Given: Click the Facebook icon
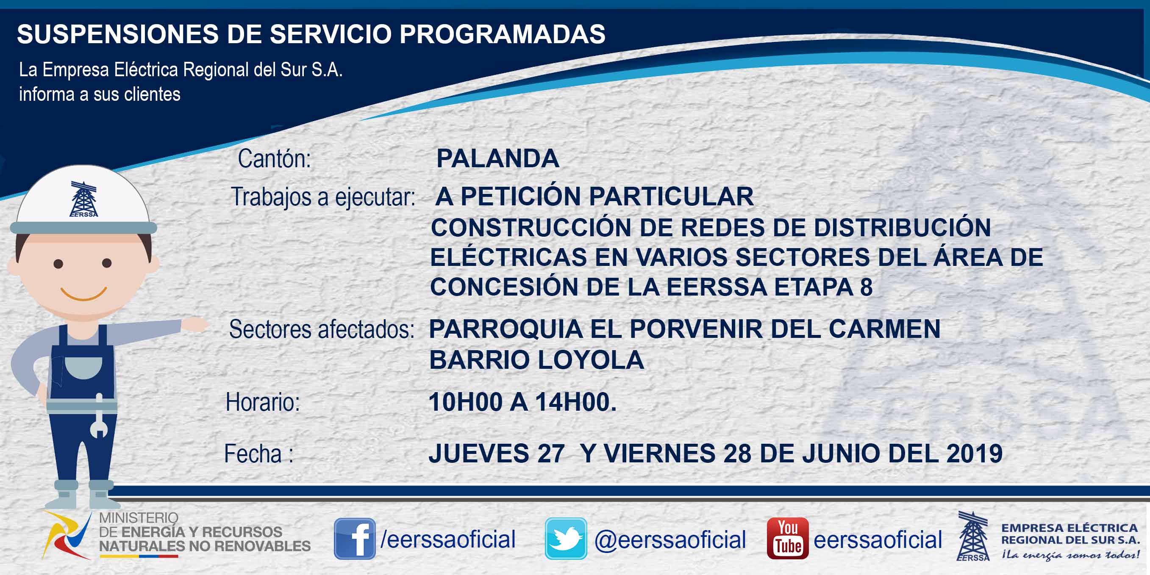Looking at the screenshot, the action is (355, 539).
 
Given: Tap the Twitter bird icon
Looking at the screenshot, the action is (566, 539).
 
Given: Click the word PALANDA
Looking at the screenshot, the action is (498, 158).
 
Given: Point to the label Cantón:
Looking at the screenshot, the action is (274, 159).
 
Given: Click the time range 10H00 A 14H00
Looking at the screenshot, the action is (522, 402).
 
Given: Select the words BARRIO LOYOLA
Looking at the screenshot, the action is (536, 360).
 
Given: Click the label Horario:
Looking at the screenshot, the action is (263, 402).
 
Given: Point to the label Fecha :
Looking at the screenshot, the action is (259, 453).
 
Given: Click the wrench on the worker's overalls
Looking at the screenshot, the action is (99, 416).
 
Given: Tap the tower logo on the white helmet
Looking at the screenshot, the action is (83, 199).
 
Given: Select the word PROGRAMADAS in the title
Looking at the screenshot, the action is (502, 34).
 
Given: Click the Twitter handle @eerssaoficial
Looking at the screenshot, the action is (670, 540).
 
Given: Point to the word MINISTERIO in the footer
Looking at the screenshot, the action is (139, 517).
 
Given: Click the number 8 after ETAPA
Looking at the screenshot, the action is (866, 287).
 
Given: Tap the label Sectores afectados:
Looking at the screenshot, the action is (322, 330).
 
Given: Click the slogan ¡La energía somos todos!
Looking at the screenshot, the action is (1070, 555).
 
